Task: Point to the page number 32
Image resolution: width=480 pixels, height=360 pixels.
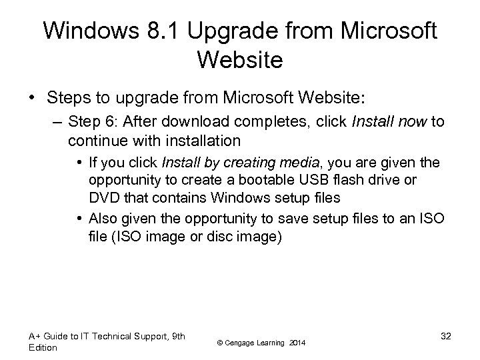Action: tap(445, 335)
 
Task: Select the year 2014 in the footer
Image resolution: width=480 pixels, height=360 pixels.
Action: tap(297, 343)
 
